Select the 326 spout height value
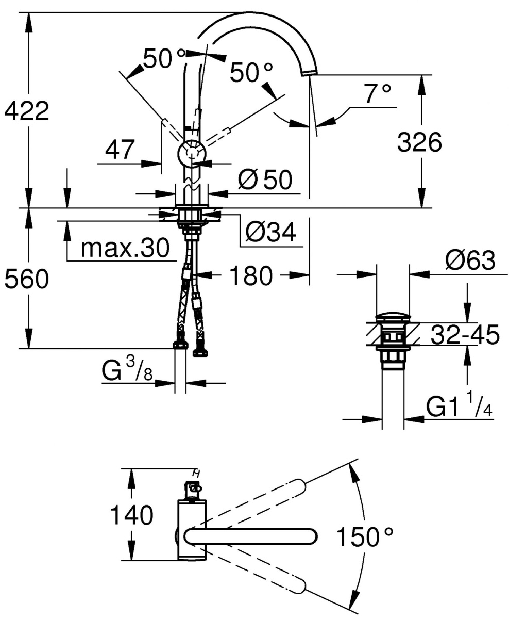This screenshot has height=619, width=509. (419, 142)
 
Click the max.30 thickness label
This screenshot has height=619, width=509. (125, 249)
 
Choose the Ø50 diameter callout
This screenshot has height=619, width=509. (265, 180)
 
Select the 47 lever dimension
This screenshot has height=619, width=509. (120, 150)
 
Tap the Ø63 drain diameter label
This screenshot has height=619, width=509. (470, 261)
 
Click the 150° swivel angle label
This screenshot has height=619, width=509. (365, 537)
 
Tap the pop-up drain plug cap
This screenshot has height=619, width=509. (393, 317)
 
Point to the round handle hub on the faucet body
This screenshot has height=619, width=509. (192, 153)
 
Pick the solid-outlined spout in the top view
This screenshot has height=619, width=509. (250, 536)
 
